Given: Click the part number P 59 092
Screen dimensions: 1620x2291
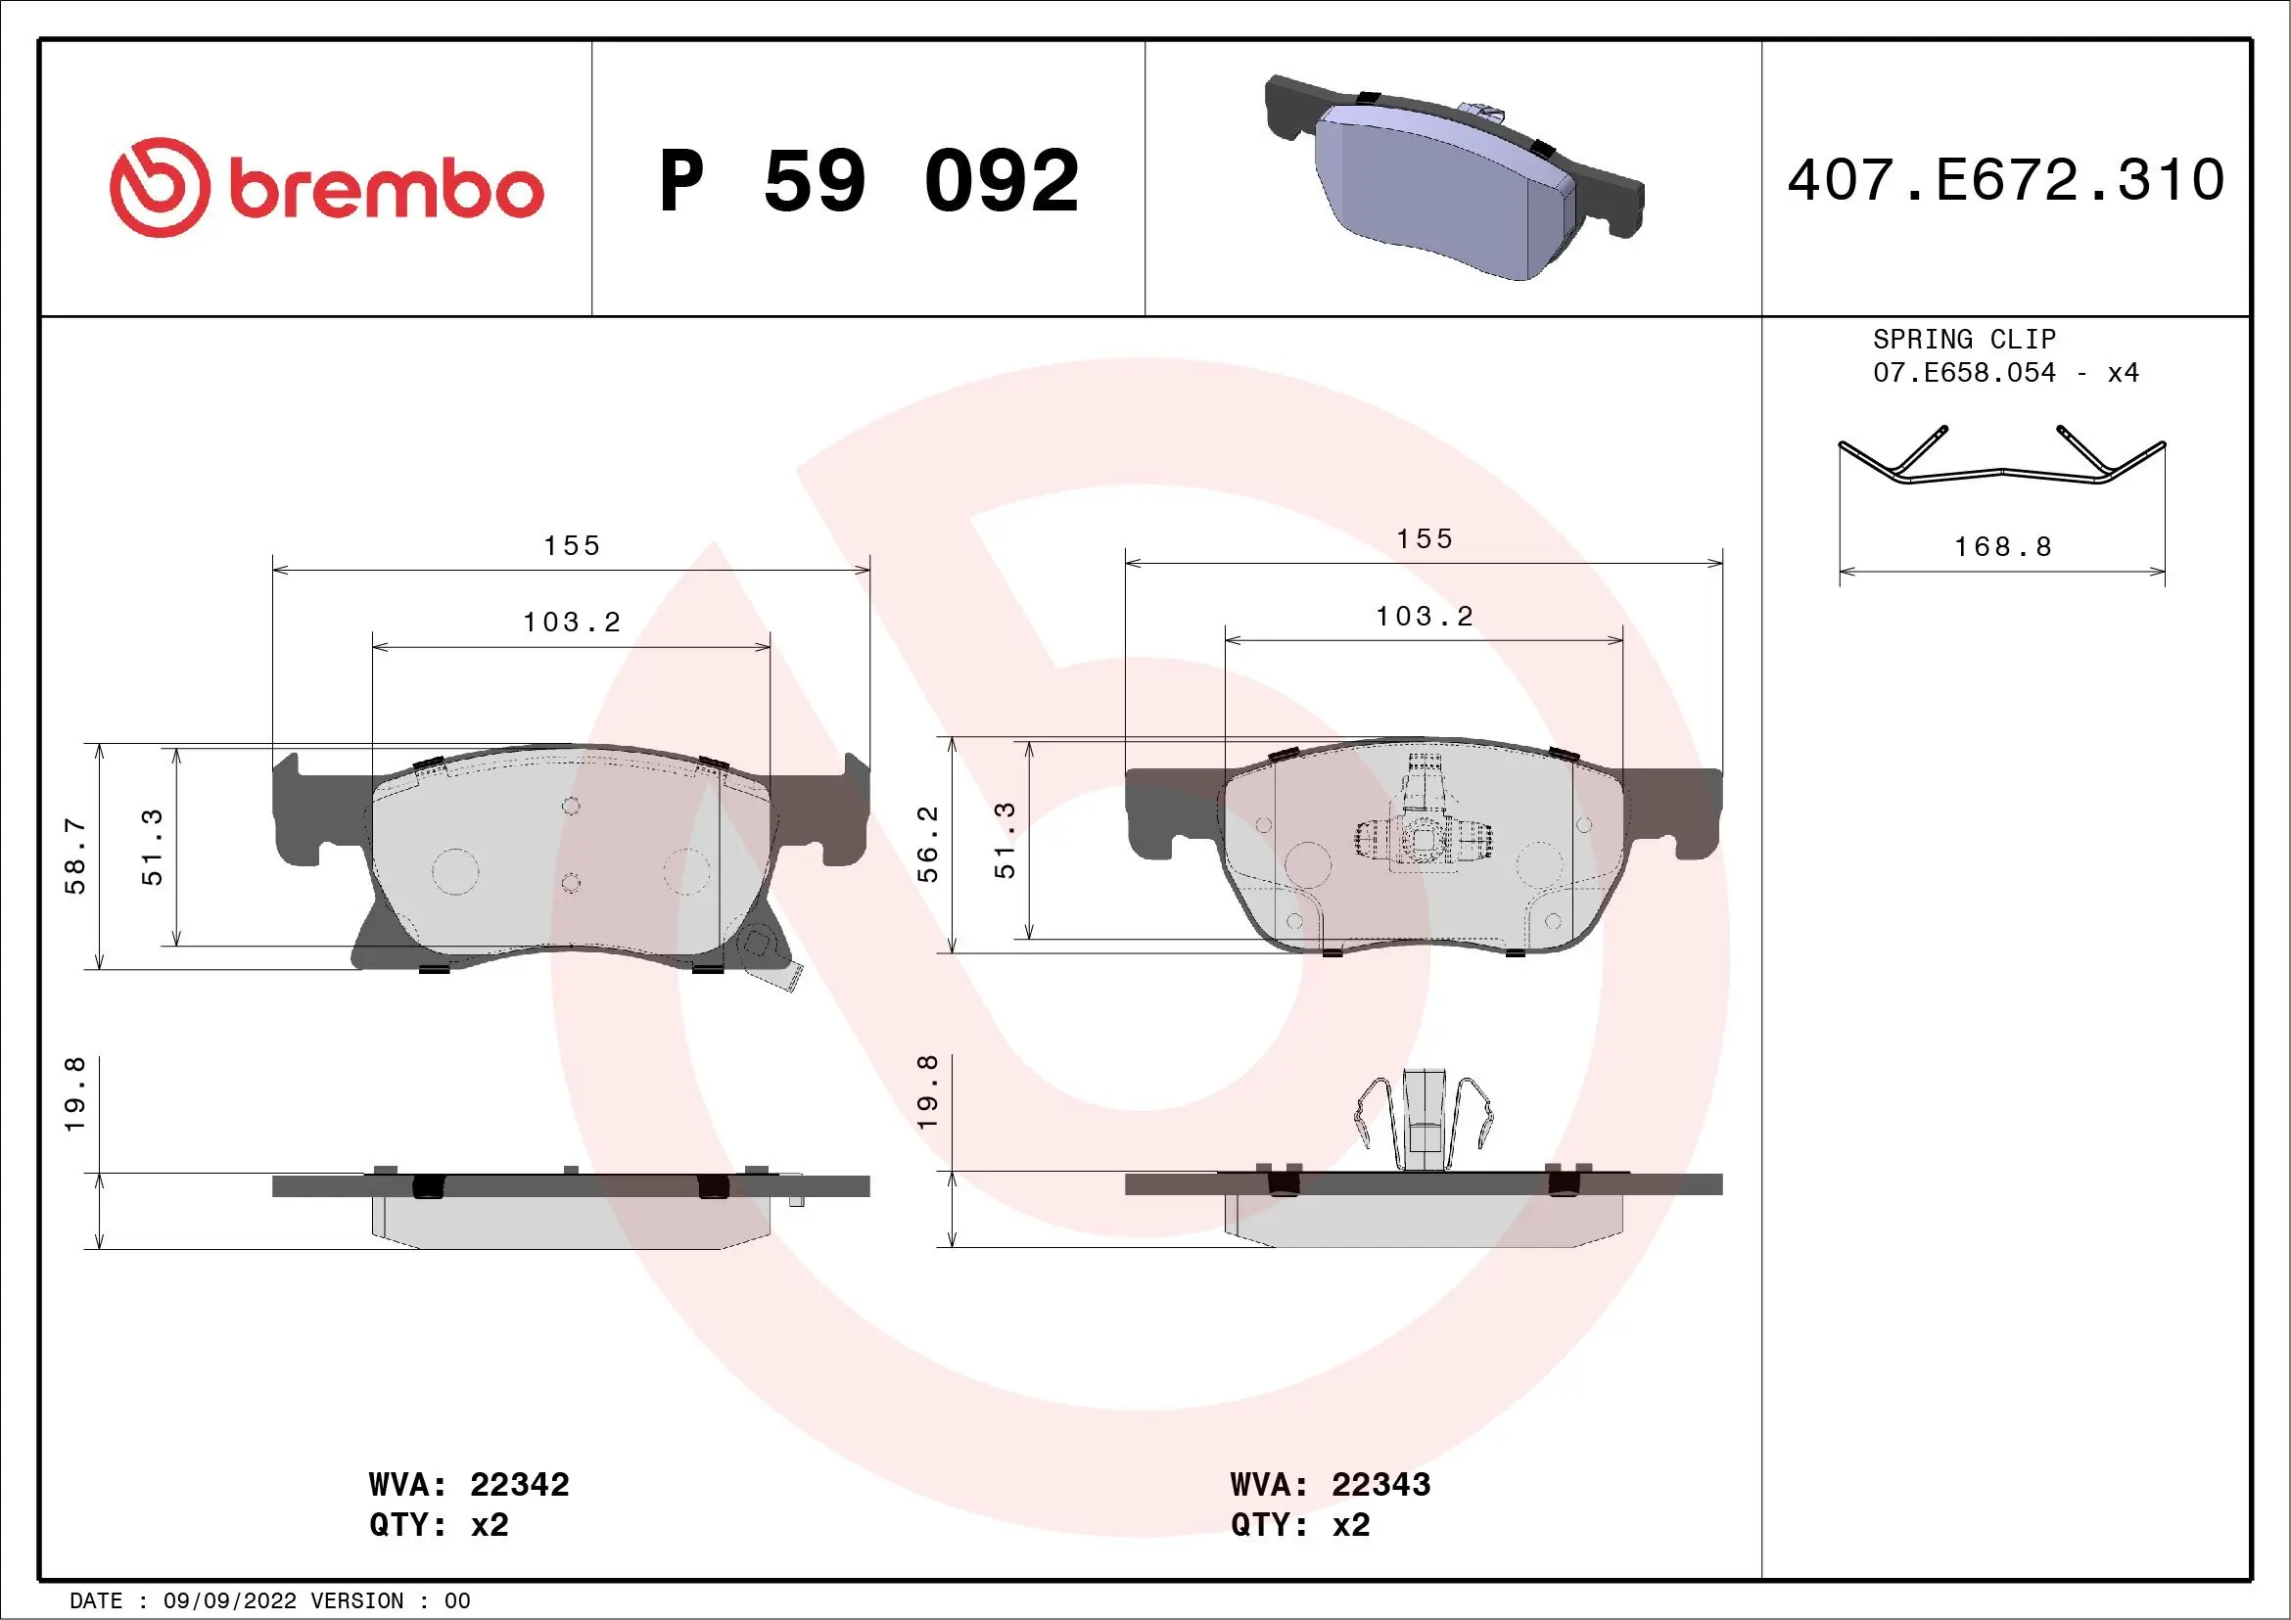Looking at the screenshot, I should [868, 181].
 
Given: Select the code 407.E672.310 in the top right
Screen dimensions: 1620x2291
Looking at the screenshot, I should [2006, 180].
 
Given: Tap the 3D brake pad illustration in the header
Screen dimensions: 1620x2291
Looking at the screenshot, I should [1452, 177].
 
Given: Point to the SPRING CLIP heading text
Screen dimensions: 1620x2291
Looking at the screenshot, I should [1964, 339].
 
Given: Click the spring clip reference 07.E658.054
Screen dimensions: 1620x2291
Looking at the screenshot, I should [1964, 373].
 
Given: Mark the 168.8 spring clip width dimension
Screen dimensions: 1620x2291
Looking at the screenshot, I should [2001, 546].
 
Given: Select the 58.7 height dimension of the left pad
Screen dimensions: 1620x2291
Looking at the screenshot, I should [75, 856].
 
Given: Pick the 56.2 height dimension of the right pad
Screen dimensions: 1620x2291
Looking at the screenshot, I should [928, 844].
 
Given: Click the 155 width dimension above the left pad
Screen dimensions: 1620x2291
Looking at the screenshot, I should [572, 545].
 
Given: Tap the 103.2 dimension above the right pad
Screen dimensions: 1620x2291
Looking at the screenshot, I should [1424, 617].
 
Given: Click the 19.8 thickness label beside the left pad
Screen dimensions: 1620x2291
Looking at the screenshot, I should [75, 1094].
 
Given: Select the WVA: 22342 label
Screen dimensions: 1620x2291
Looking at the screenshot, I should [469, 1484].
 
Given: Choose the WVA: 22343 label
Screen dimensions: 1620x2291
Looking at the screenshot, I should [1331, 1484].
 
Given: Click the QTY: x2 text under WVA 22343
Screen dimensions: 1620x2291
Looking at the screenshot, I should [1300, 1525].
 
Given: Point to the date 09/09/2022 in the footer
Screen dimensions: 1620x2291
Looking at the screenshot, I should [229, 1601].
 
